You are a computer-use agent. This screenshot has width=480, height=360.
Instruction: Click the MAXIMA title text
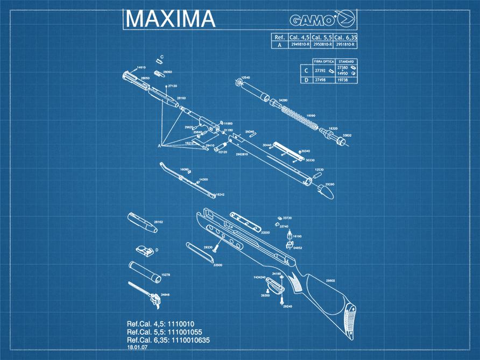(x=170, y=19)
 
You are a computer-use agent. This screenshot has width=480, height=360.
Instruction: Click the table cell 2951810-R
(x=344, y=45)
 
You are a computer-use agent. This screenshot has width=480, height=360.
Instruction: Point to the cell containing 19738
(x=343, y=80)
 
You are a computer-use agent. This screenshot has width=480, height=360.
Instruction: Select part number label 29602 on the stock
(x=330, y=280)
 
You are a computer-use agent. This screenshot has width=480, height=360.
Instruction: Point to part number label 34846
(x=165, y=295)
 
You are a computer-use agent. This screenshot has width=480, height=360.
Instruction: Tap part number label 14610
(x=142, y=67)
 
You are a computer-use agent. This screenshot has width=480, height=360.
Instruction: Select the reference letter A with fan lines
(x=159, y=146)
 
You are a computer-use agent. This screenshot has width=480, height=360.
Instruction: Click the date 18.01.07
(x=137, y=348)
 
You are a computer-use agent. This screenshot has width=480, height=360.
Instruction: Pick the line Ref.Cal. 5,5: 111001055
(x=164, y=332)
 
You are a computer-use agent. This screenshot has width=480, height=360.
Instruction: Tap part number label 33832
(x=347, y=135)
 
